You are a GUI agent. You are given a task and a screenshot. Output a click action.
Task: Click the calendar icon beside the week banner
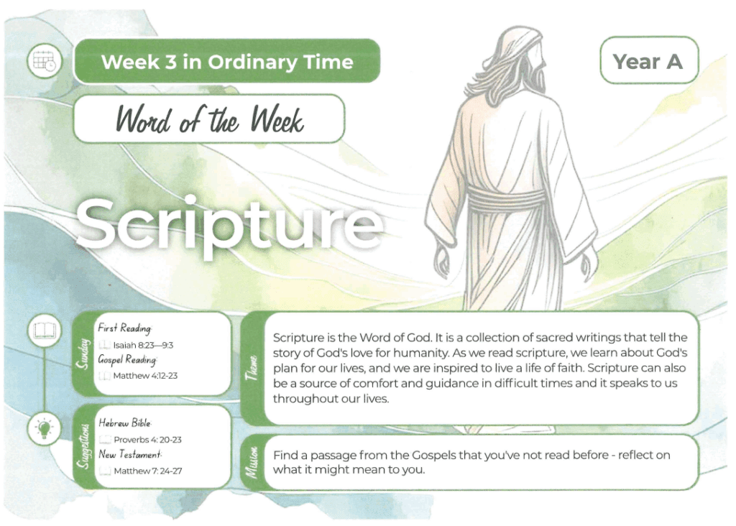[x=45, y=61]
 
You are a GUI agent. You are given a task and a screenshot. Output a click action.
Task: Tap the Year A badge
[x=649, y=60]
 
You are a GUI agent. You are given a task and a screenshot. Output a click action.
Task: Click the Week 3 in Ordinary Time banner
[x=227, y=62]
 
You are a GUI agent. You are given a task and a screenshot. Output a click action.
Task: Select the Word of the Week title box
[x=209, y=119]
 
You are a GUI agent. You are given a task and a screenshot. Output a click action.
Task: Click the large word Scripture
[x=229, y=223]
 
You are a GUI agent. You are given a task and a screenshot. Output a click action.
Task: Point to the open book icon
[x=45, y=331]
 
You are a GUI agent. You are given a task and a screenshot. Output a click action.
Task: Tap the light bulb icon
[x=44, y=429]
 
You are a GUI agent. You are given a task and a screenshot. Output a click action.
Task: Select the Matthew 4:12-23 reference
[x=145, y=376]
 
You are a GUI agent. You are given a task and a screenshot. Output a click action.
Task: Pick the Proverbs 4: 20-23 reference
[x=147, y=440]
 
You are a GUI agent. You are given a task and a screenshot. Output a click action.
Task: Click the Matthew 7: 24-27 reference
[x=147, y=471]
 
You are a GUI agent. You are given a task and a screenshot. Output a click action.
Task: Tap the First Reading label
[x=124, y=328]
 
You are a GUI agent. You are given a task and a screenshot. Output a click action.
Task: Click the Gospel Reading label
[x=127, y=360]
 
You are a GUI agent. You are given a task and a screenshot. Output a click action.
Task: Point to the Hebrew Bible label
[x=124, y=423]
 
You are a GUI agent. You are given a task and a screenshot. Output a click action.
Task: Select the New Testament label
[x=130, y=455]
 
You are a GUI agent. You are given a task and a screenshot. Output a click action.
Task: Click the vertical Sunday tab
[x=83, y=354]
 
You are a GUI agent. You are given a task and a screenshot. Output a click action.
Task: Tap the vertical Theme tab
[x=252, y=369]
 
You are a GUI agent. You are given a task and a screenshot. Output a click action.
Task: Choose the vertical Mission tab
[x=252, y=463]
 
